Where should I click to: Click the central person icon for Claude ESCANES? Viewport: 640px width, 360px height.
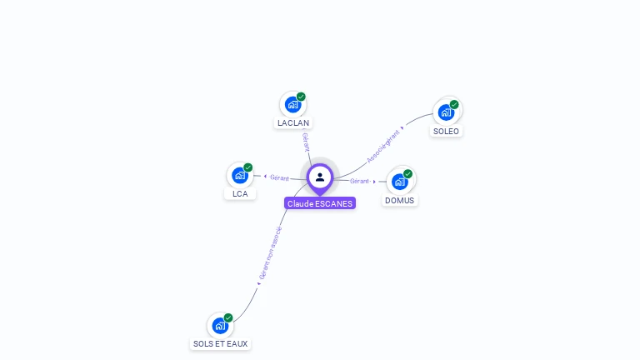[x=320, y=177]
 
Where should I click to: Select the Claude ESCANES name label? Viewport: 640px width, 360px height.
[x=320, y=203]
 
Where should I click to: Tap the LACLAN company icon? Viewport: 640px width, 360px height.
[x=292, y=105]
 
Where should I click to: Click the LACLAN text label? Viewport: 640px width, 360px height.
[x=293, y=123]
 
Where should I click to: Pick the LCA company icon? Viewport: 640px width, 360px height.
[x=240, y=175]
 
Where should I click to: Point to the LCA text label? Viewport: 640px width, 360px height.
[x=240, y=194]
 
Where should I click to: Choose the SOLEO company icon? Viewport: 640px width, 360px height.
[x=447, y=112]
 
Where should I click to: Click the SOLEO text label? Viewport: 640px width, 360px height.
[x=447, y=131]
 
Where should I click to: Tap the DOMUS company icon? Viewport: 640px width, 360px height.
[x=400, y=181]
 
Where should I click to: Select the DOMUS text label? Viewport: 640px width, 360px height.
[x=400, y=200]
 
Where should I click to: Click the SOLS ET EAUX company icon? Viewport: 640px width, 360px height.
[x=220, y=325]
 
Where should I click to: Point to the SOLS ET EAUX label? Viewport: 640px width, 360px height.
[x=220, y=343]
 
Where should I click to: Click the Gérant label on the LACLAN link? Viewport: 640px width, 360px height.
[x=306, y=141]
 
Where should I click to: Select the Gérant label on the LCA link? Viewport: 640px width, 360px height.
[x=279, y=177]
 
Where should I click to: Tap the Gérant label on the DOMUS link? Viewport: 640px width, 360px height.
[x=360, y=181]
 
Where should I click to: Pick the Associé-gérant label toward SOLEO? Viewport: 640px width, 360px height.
[x=383, y=145]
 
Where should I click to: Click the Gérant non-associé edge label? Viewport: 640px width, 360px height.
[x=270, y=253]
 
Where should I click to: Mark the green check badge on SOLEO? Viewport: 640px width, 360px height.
[x=454, y=104]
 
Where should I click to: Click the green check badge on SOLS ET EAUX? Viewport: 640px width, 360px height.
[x=227, y=317]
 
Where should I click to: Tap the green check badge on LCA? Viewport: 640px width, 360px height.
[x=247, y=167]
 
